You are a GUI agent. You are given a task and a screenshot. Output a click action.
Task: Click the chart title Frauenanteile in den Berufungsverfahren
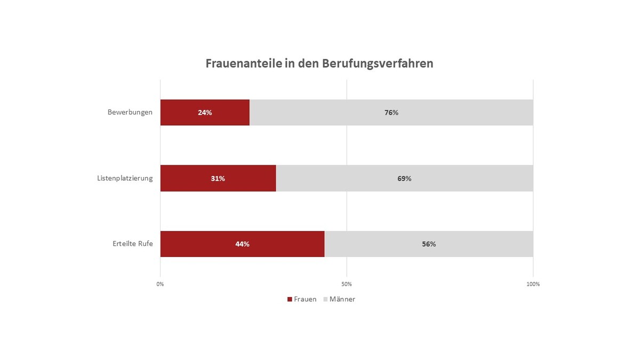coord(319,63)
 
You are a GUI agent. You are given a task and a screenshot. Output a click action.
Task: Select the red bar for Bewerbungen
coord(181,113)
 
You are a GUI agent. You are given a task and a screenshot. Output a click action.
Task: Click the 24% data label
coord(205,113)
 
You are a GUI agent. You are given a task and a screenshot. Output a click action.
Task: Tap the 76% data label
coord(391,113)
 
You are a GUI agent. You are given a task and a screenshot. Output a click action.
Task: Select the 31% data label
coord(218,179)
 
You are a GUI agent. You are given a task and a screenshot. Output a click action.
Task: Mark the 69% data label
coord(404,179)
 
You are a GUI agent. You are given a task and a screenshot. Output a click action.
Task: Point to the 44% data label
coord(242,244)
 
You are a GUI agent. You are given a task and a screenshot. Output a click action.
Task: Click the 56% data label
coord(429,244)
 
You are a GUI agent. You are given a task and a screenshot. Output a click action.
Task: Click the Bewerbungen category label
coord(130,113)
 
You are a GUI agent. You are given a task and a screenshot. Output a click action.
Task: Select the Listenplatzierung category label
coord(125,178)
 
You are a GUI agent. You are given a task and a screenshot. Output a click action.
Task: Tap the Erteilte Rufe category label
coord(133,244)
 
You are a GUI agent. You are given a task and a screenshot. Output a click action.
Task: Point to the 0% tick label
coord(160,284)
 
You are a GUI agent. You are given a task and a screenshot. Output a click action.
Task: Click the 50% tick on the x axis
coord(347,284)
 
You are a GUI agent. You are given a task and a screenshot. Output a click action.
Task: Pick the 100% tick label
coord(533,284)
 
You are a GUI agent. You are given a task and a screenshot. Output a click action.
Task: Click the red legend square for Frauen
coord(290,299)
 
